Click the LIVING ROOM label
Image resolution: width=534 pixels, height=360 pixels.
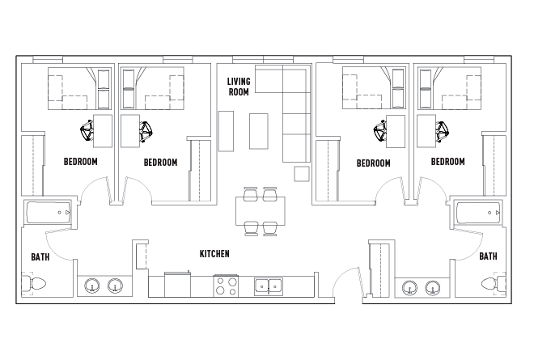(x=239, y=87)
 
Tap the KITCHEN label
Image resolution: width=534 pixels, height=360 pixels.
(x=214, y=254)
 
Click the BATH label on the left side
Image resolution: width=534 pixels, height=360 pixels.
(x=40, y=256)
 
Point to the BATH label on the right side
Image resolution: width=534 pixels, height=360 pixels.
(x=488, y=256)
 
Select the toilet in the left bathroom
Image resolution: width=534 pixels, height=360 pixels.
(x=33, y=283)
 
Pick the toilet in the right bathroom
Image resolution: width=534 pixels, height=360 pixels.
(x=494, y=283)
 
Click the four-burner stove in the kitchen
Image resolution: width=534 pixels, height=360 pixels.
(x=226, y=286)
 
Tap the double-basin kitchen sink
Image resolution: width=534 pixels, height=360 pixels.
(x=269, y=286)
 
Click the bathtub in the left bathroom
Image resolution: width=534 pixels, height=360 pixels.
(x=49, y=213)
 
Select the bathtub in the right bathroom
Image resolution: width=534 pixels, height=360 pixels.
(x=478, y=213)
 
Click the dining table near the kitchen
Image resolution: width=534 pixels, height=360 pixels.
(x=261, y=211)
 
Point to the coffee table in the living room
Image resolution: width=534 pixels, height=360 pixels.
(x=259, y=132)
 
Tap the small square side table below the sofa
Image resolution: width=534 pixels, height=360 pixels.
(x=302, y=174)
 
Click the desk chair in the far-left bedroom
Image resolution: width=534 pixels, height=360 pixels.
(x=87, y=131)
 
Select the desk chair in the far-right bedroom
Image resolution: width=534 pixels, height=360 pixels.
(x=442, y=132)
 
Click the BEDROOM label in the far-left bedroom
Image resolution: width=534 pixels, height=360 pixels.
(x=81, y=162)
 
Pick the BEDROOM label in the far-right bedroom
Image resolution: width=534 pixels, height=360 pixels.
(x=448, y=162)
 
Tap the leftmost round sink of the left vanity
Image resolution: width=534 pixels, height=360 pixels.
(x=92, y=286)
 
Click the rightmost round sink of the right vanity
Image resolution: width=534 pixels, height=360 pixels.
(x=433, y=288)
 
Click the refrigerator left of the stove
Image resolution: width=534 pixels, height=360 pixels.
(x=177, y=285)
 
